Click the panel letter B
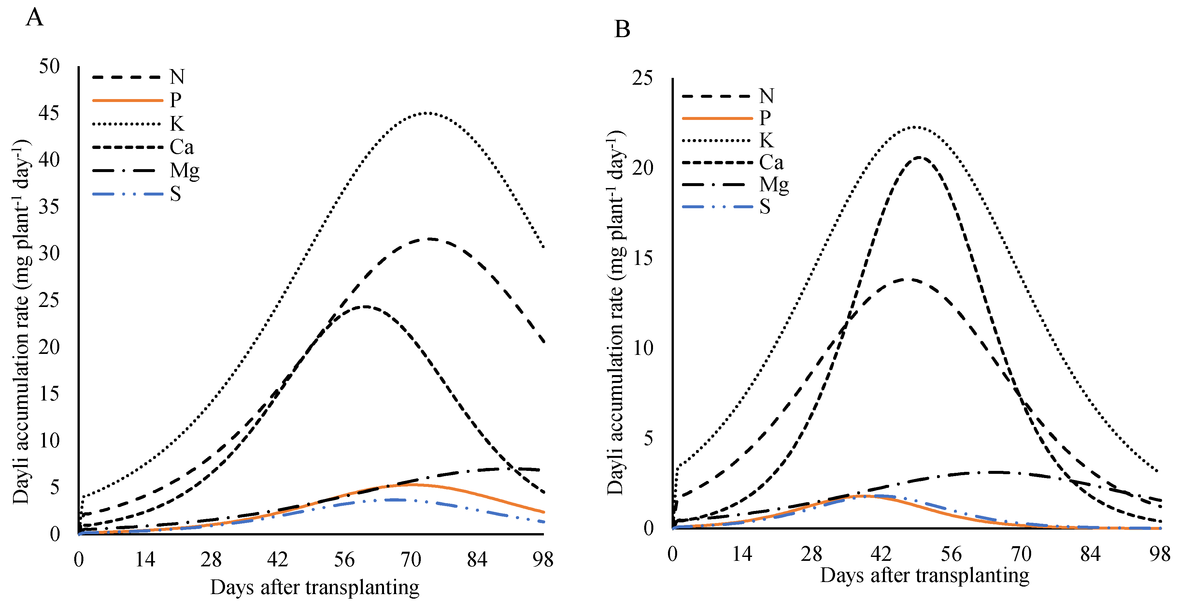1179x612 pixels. [x=622, y=29]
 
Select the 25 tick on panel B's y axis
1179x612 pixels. [x=642, y=78]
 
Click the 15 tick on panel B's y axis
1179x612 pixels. [x=642, y=258]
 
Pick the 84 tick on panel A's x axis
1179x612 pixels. [x=477, y=559]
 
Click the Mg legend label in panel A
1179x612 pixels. [x=184, y=171]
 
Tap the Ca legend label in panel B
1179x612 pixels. [x=771, y=163]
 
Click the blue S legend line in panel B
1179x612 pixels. [x=717, y=207]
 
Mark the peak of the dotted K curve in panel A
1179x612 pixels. [x=426, y=113]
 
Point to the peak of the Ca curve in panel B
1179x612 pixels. [x=918, y=157]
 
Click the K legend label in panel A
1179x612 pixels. [x=177, y=124]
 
